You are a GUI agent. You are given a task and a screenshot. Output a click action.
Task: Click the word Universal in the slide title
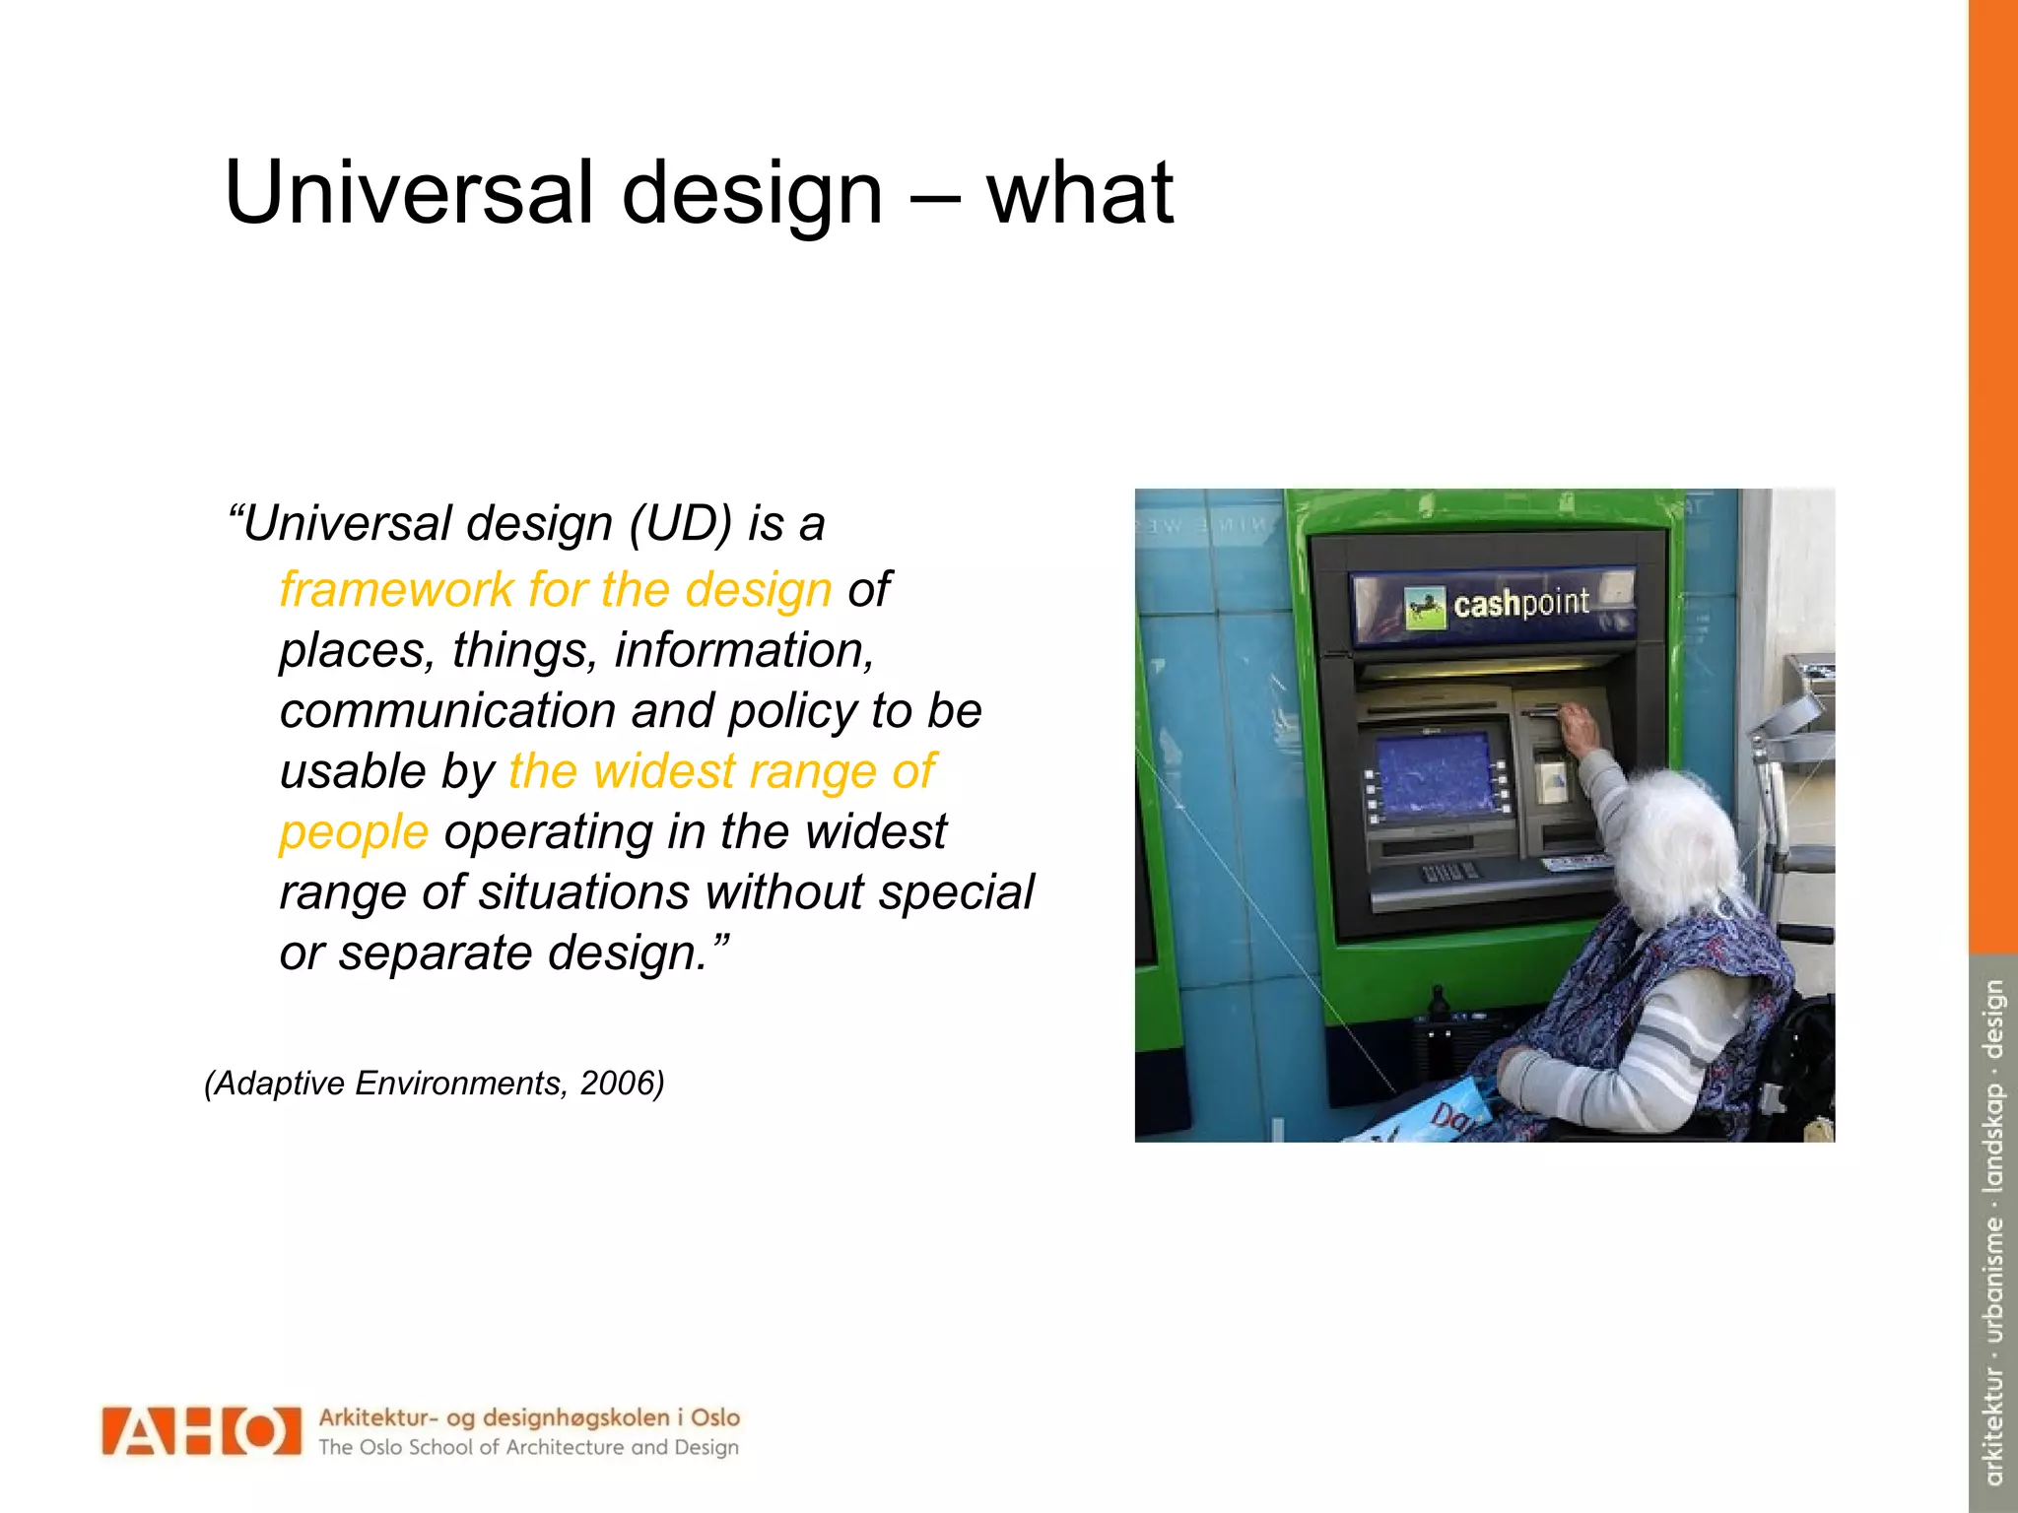click(408, 193)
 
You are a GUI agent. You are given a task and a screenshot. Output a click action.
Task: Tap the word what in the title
click(1080, 193)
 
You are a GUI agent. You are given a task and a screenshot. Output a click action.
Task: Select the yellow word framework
click(395, 590)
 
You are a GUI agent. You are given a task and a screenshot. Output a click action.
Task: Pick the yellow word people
click(354, 832)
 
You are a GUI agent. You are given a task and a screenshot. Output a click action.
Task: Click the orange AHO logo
click(201, 1431)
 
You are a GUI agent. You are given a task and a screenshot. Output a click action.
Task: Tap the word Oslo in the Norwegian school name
click(715, 1417)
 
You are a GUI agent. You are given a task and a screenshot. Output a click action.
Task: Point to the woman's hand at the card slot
click(1579, 728)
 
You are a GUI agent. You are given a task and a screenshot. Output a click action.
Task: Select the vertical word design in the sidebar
click(1993, 1019)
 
